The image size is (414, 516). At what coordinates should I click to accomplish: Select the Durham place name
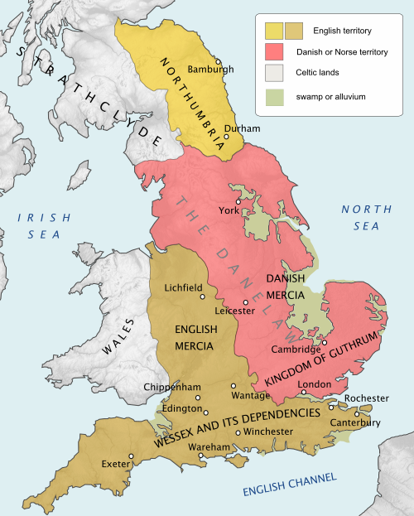[x=242, y=129]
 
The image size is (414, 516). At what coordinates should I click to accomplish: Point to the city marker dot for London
[x=304, y=392]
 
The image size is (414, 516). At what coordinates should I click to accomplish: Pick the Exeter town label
[x=115, y=463]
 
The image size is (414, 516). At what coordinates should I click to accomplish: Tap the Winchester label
[x=268, y=432]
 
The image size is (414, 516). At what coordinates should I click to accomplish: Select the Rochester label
[x=367, y=398]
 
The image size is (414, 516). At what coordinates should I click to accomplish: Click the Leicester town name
[x=233, y=311]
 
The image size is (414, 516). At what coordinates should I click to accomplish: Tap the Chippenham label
[x=171, y=387]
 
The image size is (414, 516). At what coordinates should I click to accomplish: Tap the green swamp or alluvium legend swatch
[x=273, y=97]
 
